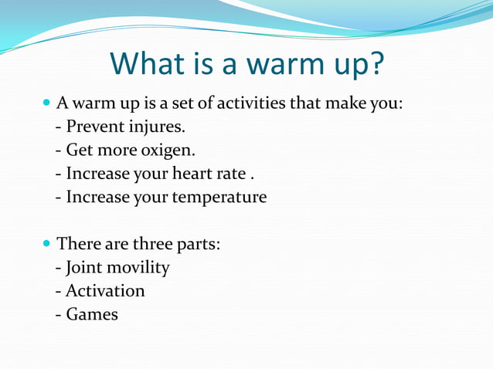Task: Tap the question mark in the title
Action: click(373, 65)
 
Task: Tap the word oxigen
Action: click(166, 150)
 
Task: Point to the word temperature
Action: click(219, 197)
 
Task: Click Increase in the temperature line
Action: click(97, 197)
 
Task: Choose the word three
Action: click(155, 244)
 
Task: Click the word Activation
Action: click(105, 291)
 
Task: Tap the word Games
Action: click(92, 314)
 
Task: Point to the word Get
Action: click(80, 150)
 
